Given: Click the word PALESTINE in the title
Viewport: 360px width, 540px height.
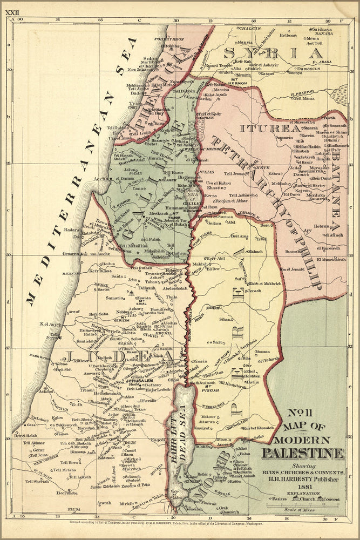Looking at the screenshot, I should coord(303,453).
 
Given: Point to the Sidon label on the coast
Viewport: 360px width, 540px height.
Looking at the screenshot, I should coord(151,58).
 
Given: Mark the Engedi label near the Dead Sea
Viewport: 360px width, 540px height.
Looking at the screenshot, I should coord(158,440).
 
